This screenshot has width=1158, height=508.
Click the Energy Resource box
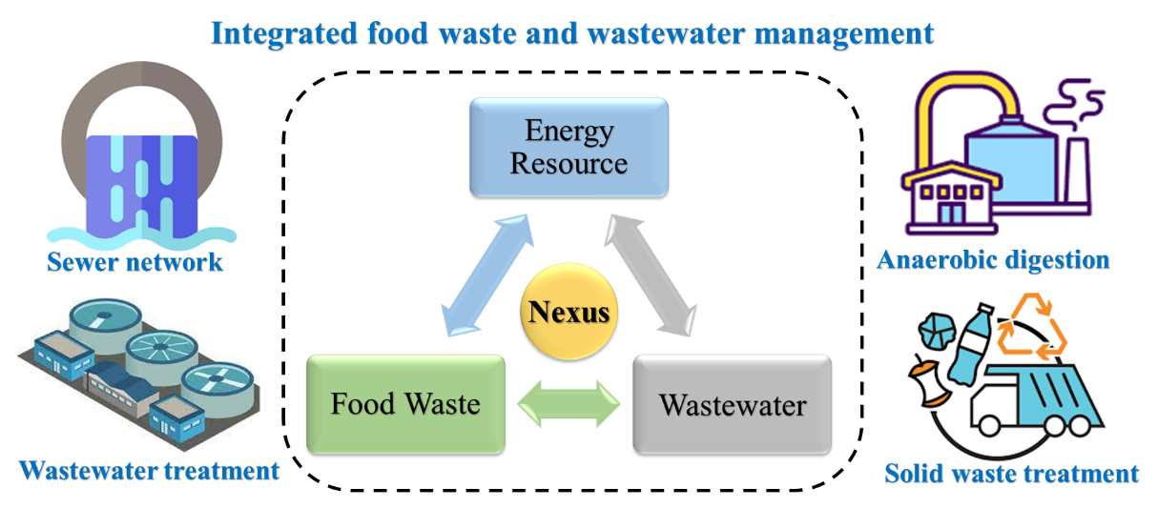(x=569, y=147)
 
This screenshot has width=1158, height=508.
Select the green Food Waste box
(x=405, y=403)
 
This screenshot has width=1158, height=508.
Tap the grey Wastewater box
(x=733, y=404)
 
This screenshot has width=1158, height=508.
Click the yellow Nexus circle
(x=569, y=312)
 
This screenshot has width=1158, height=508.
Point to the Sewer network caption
(x=134, y=261)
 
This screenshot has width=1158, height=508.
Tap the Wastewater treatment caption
(x=149, y=470)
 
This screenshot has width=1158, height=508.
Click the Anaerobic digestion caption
(x=993, y=259)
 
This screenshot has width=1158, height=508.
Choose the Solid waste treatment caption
(x=1011, y=473)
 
